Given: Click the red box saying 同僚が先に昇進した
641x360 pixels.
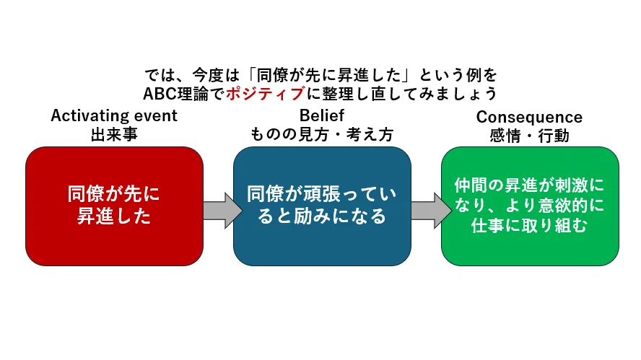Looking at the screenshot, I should tap(114, 206).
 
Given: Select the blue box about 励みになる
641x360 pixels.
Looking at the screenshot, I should tap(322, 206).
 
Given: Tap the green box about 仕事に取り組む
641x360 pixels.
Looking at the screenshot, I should tap(530, 206).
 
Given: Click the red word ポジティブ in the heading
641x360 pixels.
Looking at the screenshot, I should tap(261, 93).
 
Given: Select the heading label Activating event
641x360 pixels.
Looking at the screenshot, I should tap(114, 115).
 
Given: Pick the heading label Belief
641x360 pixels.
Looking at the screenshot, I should tap(321, 115).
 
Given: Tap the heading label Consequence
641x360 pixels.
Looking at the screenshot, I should tap(529, 117).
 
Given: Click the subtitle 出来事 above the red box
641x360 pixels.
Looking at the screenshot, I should tap(114, 133).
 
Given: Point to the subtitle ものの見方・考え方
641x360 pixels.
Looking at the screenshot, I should tap(321, 133).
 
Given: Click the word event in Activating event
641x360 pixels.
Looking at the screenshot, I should tap(157, 115).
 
